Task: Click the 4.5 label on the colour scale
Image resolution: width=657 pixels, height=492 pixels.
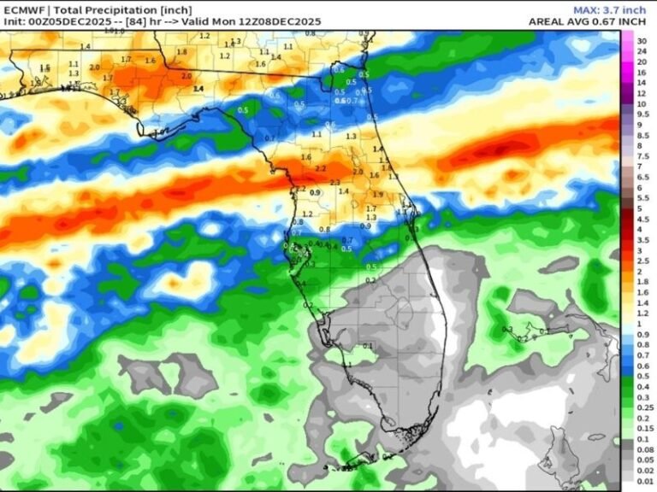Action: pos(642,219)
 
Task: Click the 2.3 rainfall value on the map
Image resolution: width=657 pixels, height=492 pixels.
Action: pos(334,183)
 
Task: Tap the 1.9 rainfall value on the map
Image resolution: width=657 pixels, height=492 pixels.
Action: pos(378,195)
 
